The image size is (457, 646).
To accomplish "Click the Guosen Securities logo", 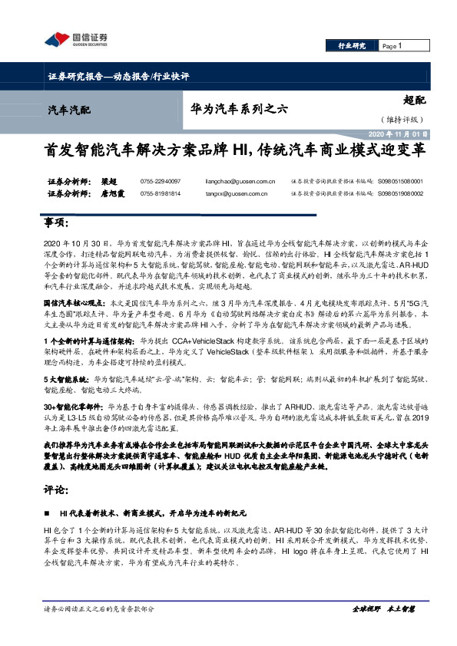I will point(75,39).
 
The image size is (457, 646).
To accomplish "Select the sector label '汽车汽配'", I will point(69,110).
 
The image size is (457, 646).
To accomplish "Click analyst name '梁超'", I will point(109,181).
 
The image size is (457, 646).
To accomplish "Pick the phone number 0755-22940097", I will point(161,181).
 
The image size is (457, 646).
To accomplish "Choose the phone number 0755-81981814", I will point(161,194).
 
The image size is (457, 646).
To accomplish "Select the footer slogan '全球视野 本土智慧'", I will point(383,629).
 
